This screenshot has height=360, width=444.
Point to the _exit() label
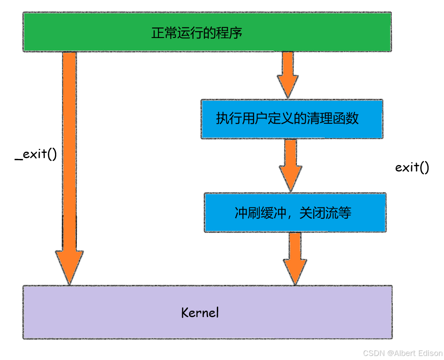[36, 155]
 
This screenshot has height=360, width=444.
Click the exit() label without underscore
[412, 167]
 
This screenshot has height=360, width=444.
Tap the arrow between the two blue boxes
[291, 164]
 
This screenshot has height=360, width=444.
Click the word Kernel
[200, 313]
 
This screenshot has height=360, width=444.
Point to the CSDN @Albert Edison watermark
[402, 353]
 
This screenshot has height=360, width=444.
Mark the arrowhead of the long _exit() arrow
[69, 267]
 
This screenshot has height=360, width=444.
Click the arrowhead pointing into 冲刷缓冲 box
[291, 180]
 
